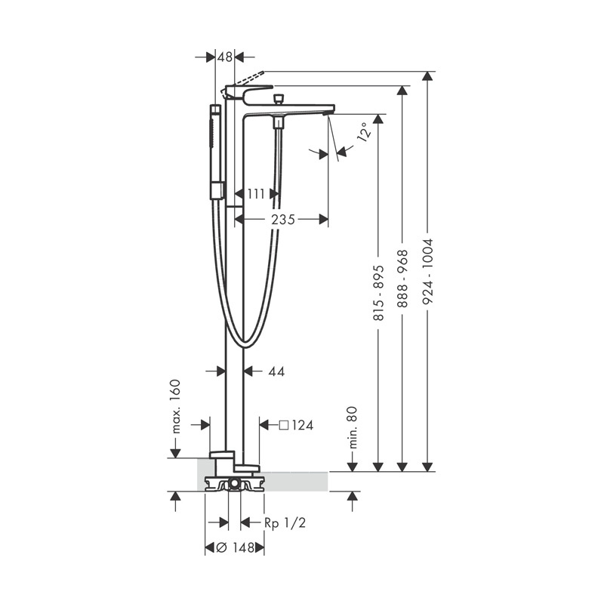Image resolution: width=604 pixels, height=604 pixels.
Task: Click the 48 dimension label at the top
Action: tap(225, 57)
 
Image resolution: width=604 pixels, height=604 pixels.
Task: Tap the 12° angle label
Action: tap(365, 131)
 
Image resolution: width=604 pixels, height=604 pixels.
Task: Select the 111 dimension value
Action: tap(256, 194)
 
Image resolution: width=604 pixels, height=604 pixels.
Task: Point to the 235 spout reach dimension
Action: tap(282, 220)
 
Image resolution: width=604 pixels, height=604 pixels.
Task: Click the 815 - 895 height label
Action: tap(379, 293)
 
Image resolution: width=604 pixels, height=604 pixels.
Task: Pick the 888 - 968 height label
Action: tap(402, 278)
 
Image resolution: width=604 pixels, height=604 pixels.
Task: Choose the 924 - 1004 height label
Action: tap(427, 271)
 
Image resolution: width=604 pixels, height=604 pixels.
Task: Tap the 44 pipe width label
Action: tap(276, 371)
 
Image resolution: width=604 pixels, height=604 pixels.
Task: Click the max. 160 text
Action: tap(175, 406)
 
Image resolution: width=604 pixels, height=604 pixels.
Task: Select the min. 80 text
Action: tap(353, 427)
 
